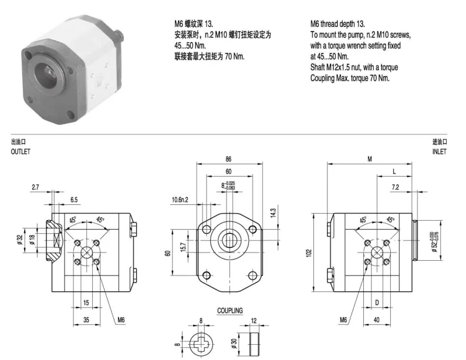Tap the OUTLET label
(20, 152)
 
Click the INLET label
(439, 152)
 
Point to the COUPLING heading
(229, 311)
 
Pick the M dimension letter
(370, 159)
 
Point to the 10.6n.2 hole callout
(180, 200)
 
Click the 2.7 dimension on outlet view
(35, 187)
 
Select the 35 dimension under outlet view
(86, 320)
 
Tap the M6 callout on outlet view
(121, 320)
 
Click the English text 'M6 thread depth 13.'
(337, 24)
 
